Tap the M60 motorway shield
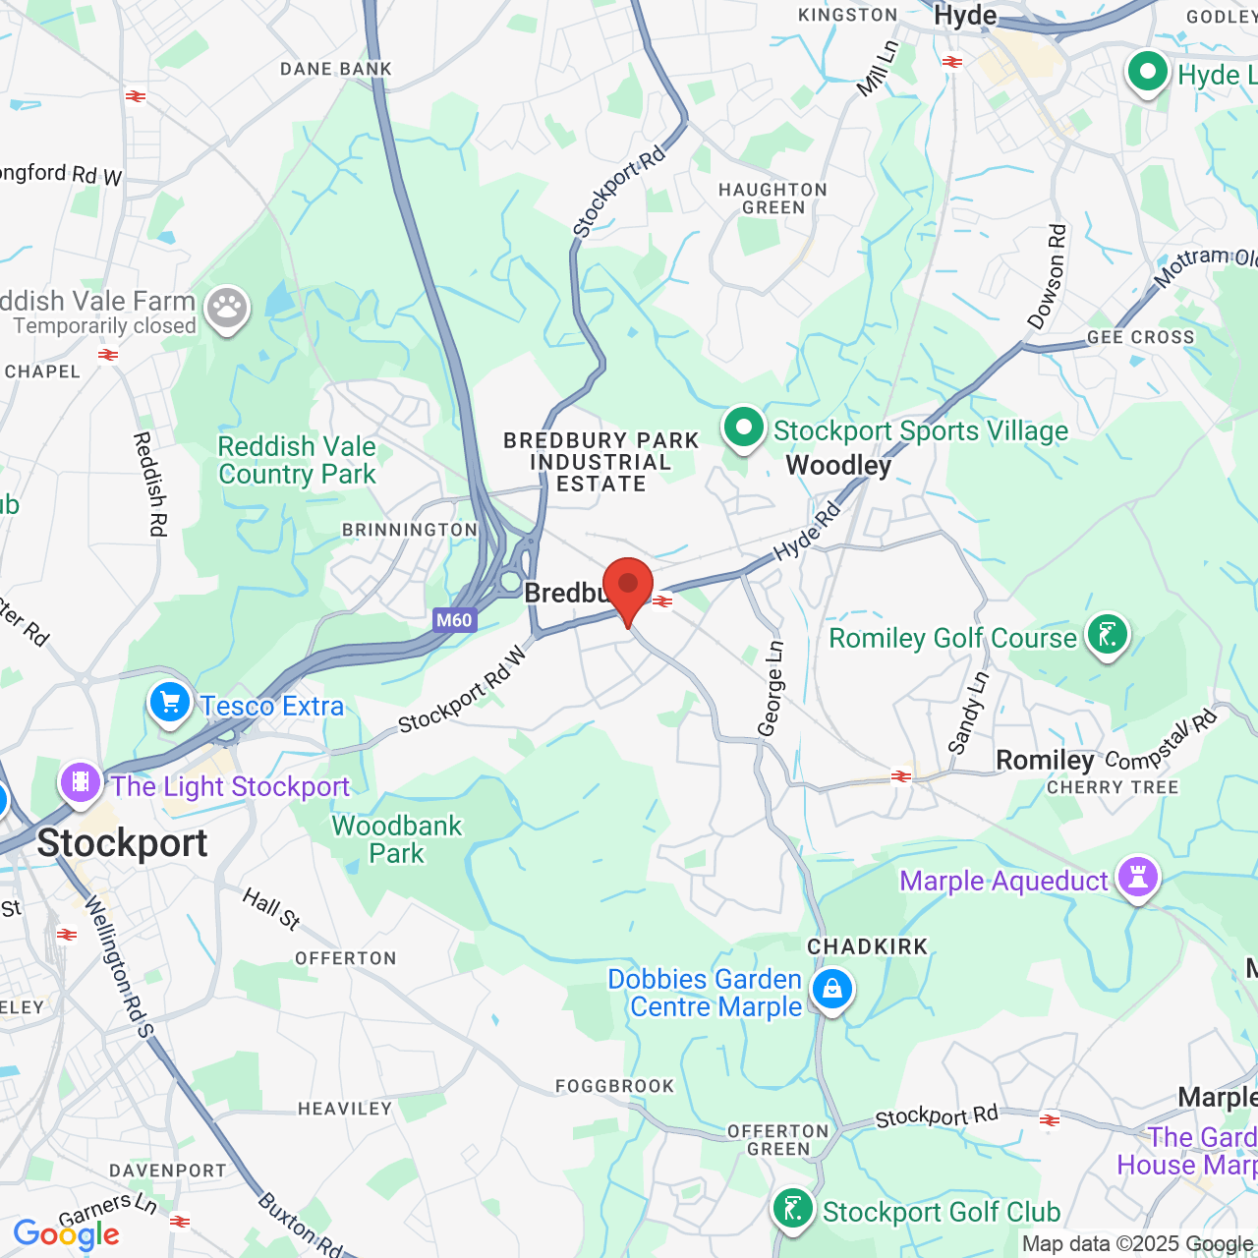454,620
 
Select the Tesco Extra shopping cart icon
170,704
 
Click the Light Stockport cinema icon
81,783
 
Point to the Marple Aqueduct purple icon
1137,878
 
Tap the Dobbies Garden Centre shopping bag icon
831,991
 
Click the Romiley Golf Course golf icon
1108,636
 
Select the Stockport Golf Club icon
792,1209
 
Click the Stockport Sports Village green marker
744,429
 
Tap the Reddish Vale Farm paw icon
227,309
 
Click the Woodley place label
838,465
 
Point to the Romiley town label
1045,760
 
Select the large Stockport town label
122,843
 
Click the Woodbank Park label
396,839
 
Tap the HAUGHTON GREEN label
772,199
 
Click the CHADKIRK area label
867,946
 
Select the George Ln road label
772,688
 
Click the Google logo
66,1234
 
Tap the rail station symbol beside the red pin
663,601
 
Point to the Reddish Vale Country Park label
297,460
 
